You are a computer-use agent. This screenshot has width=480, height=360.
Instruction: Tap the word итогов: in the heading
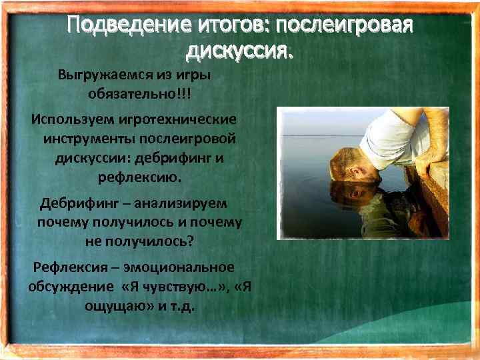[222, 26]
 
